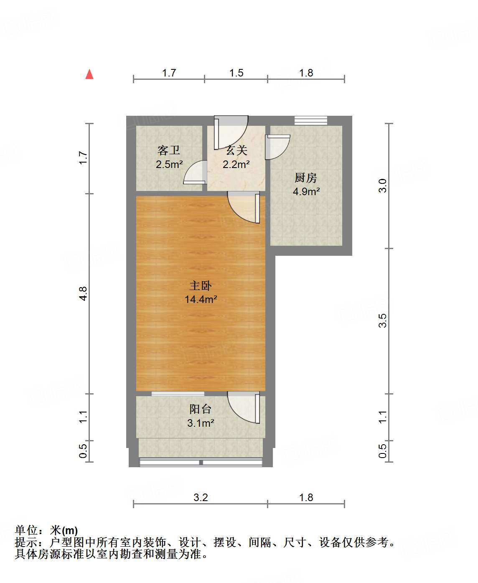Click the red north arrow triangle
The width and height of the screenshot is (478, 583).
(x=89, y=74)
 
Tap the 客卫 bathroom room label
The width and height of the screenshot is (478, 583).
(x=169, y=150)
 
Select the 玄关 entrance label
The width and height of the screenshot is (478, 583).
(x=236, y=150)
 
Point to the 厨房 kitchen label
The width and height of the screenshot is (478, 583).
(x=306, y=178)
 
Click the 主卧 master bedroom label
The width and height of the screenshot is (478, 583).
(x=201, y=286)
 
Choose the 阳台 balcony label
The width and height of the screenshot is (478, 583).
(x=201, y=409)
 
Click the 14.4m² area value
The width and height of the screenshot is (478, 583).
(x=201, y=299)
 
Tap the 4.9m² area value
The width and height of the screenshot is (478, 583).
(x=306, y=192)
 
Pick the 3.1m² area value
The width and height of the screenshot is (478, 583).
(x=201, y=423)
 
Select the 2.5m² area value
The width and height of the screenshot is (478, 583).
(x=169, y=164)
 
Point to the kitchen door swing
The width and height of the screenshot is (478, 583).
(x=277, y=147)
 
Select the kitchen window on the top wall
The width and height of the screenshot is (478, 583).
(x=310, y=120)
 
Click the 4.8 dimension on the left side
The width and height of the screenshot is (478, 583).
(x=84, y=293)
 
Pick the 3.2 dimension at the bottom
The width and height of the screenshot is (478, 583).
(x=201, y=497)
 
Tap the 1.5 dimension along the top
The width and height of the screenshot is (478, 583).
(x=236, y=73)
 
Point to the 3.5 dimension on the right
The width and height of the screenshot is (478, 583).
(x=383, y=321)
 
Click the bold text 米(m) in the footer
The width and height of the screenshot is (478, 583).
(x=64, y=530)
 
